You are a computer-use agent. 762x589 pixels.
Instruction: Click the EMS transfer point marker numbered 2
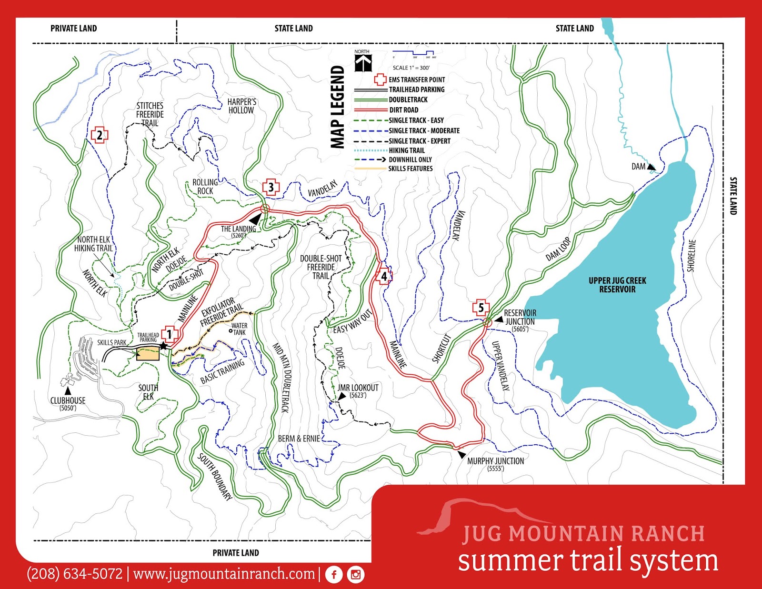pos(100,135)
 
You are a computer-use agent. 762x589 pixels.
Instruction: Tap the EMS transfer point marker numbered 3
pos(271,187)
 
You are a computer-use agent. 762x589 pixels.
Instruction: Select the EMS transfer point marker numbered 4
pos(384,276)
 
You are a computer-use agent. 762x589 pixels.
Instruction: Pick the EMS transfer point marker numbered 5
pos(481,308)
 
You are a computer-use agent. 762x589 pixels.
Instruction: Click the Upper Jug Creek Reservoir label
pos(617,285)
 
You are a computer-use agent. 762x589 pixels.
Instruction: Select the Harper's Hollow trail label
pos(241,106)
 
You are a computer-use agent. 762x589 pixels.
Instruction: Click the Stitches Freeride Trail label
pos(150,114)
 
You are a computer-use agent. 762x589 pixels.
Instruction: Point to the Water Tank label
pos(239,329)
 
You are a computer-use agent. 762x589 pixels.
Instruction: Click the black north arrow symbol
pos(363,63)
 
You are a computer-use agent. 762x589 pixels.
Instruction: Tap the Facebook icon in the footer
pos(334,575)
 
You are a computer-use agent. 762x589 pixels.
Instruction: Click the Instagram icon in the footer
pos(356,575)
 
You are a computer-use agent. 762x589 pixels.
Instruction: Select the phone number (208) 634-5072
pos(75,574)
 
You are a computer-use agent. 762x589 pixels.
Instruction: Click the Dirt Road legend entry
pos(403,110)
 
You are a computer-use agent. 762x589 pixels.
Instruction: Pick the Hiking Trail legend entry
pos(406,150)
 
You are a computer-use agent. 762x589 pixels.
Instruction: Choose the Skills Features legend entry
pos(410,169)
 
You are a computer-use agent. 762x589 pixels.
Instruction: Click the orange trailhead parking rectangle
pos(148,354)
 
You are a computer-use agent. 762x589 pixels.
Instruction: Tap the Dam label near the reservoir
pos(638,167)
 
